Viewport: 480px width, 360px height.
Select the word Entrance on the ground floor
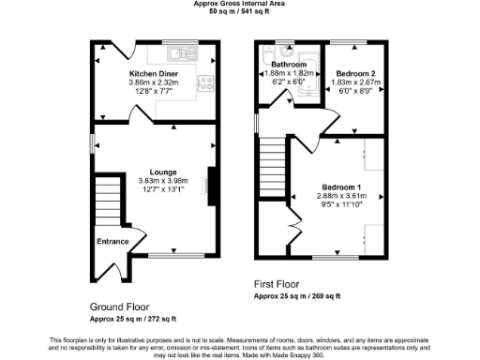pos(112,241)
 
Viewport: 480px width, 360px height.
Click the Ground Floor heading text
pos(119,307)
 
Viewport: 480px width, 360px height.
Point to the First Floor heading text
pos(278,283)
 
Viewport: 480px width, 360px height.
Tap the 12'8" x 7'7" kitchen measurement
pos(154,91)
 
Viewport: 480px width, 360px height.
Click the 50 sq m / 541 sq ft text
pos(240,11)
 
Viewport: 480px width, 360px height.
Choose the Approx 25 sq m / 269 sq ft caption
pos(297,295)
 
